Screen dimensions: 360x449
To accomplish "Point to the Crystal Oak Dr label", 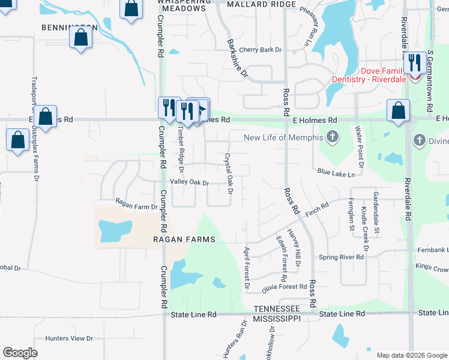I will point(228,173).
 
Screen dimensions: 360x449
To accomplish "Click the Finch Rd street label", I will point(317,209).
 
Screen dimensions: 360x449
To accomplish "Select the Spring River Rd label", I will point(341,257).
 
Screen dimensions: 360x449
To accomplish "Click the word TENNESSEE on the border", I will point(276,308).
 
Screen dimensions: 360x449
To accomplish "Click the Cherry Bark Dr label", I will point(260,50).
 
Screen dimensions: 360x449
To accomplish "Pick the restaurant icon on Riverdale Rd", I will point(414,62).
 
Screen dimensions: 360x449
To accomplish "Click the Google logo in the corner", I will point(20,353).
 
